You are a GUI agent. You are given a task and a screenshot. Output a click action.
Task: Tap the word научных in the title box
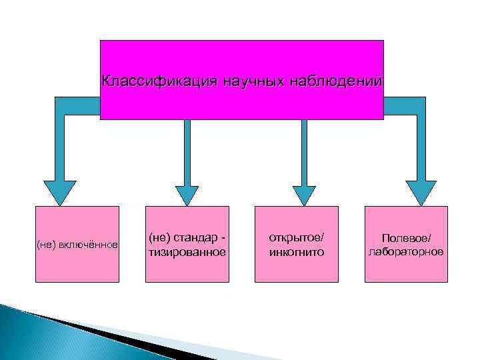(218, 81)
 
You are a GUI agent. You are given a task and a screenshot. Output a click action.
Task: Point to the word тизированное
(187, 252)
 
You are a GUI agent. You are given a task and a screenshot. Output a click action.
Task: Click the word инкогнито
(296, 252)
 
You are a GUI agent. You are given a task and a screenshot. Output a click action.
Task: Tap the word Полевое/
(407, 238)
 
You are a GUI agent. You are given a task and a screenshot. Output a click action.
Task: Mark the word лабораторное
(407, 252)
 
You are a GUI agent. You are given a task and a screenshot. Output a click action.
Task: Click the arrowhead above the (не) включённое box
(60, 192)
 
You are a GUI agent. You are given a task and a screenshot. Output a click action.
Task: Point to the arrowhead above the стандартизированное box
(187, 194)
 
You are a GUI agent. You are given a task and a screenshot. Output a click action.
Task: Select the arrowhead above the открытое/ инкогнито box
(303, 194)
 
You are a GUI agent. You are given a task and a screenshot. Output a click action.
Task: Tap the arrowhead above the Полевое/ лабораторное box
(421, 192)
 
